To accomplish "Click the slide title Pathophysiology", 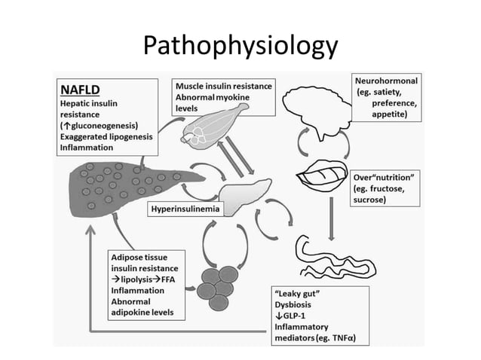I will click(x=240, y=46).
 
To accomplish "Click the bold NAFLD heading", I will click(x=81, y=87).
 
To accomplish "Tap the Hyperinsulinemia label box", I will click(x=185, y=206).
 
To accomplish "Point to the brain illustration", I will click(x=320, y=110).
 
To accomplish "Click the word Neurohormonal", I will click(x=386, y=80).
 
